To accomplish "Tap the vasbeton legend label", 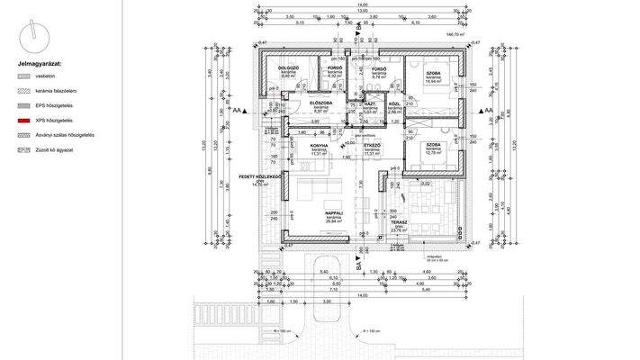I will point(44,78).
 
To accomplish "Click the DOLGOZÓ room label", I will point(288,68).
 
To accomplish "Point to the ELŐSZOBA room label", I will point(321,103).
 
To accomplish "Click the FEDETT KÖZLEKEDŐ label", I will point(262,177).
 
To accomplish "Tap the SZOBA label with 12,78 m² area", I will point(433,145).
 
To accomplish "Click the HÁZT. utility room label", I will point(368,104).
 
